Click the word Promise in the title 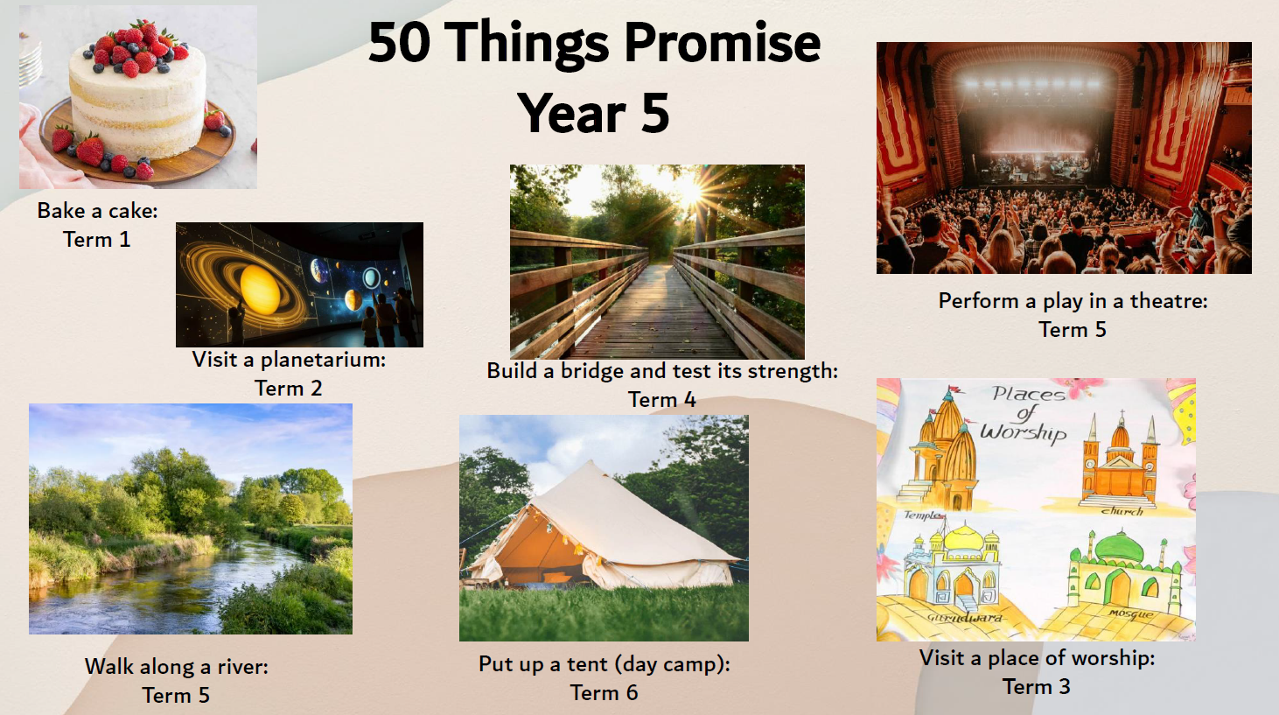point(723,45)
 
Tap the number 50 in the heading point(399,43)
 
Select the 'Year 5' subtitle point(593,113)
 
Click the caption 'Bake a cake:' point(98,211)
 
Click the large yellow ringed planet point(260,290)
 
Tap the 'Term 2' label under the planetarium point(289,389)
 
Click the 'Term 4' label point(661,400)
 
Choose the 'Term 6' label point(605,693)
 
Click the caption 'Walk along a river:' point(177,667)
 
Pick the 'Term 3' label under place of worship point(1037,686)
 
